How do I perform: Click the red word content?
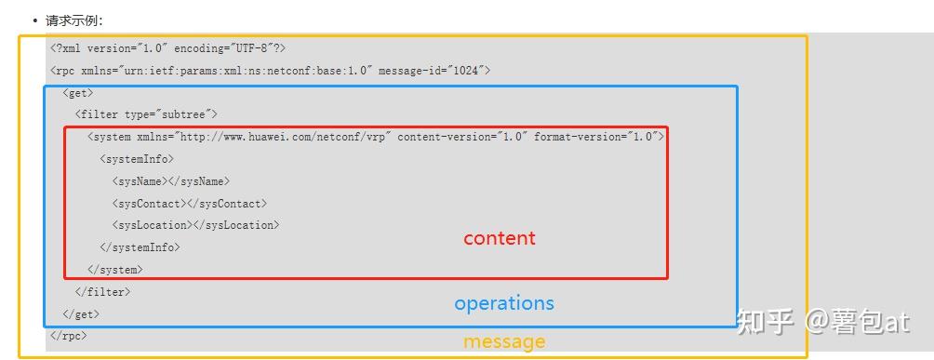[500, 238]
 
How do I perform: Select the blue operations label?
[503, 303]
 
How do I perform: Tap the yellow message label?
[504, 341]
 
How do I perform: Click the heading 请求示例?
[74, 20]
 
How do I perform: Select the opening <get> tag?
[78, 92]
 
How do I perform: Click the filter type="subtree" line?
[146, 114]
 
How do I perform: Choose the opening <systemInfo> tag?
[137, 159]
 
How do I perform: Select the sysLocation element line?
[195, 225]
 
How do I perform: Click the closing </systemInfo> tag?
[140, 247]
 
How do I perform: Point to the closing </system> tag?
[114, 270]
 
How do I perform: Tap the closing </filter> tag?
[102, 292]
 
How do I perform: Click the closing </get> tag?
[81, 314]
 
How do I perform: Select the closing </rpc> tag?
[68, 336]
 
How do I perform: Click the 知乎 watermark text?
[764, 322]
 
